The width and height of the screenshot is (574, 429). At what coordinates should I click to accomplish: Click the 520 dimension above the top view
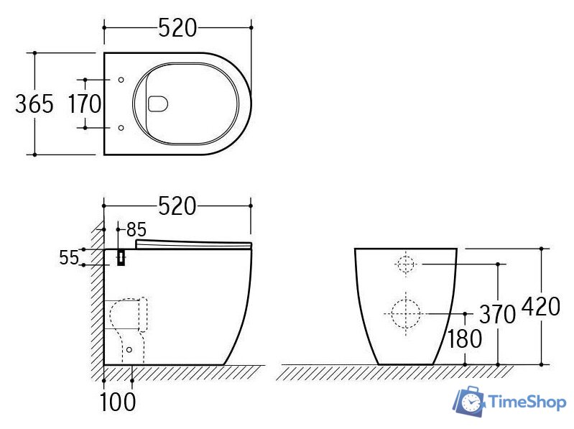pyautogui.click(x=177, y=28)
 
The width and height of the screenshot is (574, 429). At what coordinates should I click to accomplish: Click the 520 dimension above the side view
pyautogui.click(x=177, y=206)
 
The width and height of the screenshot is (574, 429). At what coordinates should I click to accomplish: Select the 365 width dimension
pyautogui.click(x=34, y=104)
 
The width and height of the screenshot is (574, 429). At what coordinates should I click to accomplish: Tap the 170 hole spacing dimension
pyautogui.click(x=85, y=104)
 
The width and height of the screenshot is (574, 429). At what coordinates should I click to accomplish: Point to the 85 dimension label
pyautogui.click(x=136, y=230)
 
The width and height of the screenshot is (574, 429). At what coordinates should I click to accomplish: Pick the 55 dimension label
pyautogui.click(x=69, y=258)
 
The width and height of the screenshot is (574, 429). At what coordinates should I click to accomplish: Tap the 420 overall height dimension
pyautogui.click(x=540, y=307)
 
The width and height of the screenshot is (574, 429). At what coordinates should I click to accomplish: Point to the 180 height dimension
pyautogui.click(x=465, y=338)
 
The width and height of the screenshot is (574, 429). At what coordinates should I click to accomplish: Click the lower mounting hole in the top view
pyautogui.click(x=121, y=128)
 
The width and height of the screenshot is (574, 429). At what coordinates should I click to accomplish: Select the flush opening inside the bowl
pyautogui.click(x=157, y=104)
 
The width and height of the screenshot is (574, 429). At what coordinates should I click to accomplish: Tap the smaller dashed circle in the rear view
pyautogui.click(x=406, y=264)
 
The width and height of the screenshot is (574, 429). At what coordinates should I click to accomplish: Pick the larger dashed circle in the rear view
pyautogui.click(x=405, y=313)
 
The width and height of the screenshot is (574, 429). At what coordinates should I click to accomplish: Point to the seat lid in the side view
pyautogui.click(x=194, y=245)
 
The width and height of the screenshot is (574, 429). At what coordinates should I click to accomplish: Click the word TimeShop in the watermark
pyautogui.click(x=527, y=402)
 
